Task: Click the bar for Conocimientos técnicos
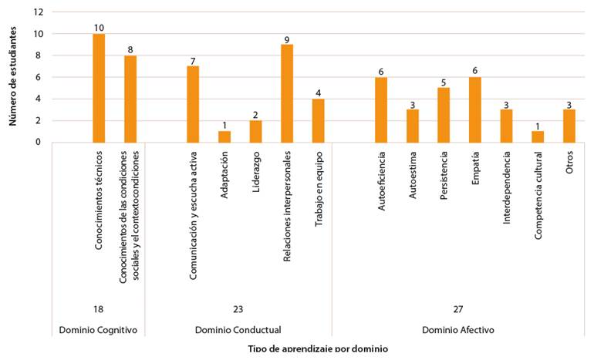point(99,88)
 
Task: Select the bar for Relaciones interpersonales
point(287,93)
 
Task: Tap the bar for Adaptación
point(224,136)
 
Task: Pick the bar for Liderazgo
point(255,131)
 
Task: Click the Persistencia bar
point(444,115)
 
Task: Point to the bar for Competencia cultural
point(538,136)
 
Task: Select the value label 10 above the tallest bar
point(99,28)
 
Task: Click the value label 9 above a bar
point(287,39)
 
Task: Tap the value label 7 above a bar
point(193,60)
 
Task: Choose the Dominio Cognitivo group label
point(98,330)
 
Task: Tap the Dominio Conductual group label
point(238,330)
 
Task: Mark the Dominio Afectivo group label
point(458,330)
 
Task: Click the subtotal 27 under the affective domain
point(458,309)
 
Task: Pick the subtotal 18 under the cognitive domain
point(98,309)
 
